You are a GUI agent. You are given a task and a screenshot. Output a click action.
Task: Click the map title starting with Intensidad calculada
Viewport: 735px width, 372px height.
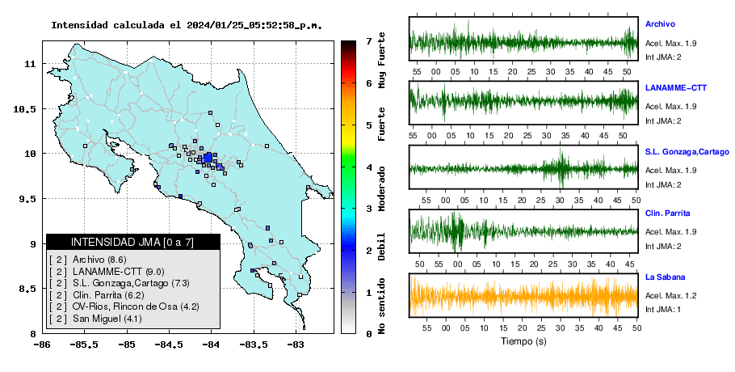tap(187, 25)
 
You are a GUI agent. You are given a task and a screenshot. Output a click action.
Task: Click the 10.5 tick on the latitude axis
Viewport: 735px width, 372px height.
tap(25, 109)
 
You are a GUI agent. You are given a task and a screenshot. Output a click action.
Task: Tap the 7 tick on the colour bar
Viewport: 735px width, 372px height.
tap(369, 40)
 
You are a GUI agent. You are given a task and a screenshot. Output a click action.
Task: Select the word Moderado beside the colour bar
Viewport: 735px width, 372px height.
tap(381, 188)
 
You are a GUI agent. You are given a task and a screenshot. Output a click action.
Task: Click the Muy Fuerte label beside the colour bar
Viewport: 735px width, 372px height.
tap(381, 60)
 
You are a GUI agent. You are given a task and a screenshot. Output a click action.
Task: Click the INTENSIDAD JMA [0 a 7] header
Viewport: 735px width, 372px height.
tap(132, 242)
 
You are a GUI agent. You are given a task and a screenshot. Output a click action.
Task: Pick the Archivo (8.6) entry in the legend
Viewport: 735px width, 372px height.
tap(99, 260)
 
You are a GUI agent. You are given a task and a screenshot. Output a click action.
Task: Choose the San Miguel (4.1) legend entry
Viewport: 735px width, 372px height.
tap(107, 319)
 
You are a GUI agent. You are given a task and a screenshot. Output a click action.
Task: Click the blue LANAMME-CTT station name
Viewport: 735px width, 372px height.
tap(676, 87)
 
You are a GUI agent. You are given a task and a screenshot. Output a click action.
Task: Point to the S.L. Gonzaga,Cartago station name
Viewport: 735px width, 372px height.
tap(687, 152)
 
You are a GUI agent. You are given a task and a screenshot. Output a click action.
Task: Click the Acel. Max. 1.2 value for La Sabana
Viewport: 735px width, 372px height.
tap(670, 295)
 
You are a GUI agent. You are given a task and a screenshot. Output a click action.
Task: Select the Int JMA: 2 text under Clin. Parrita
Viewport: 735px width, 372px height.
tap(663, 247)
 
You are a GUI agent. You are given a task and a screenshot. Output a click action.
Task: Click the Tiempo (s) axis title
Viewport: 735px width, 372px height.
tap(523, 341)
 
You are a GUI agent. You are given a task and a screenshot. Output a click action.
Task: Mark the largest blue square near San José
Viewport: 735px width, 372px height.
tap(208, 158)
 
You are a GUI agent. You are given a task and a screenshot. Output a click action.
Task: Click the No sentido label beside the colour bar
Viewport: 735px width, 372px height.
tap(381, 306)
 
